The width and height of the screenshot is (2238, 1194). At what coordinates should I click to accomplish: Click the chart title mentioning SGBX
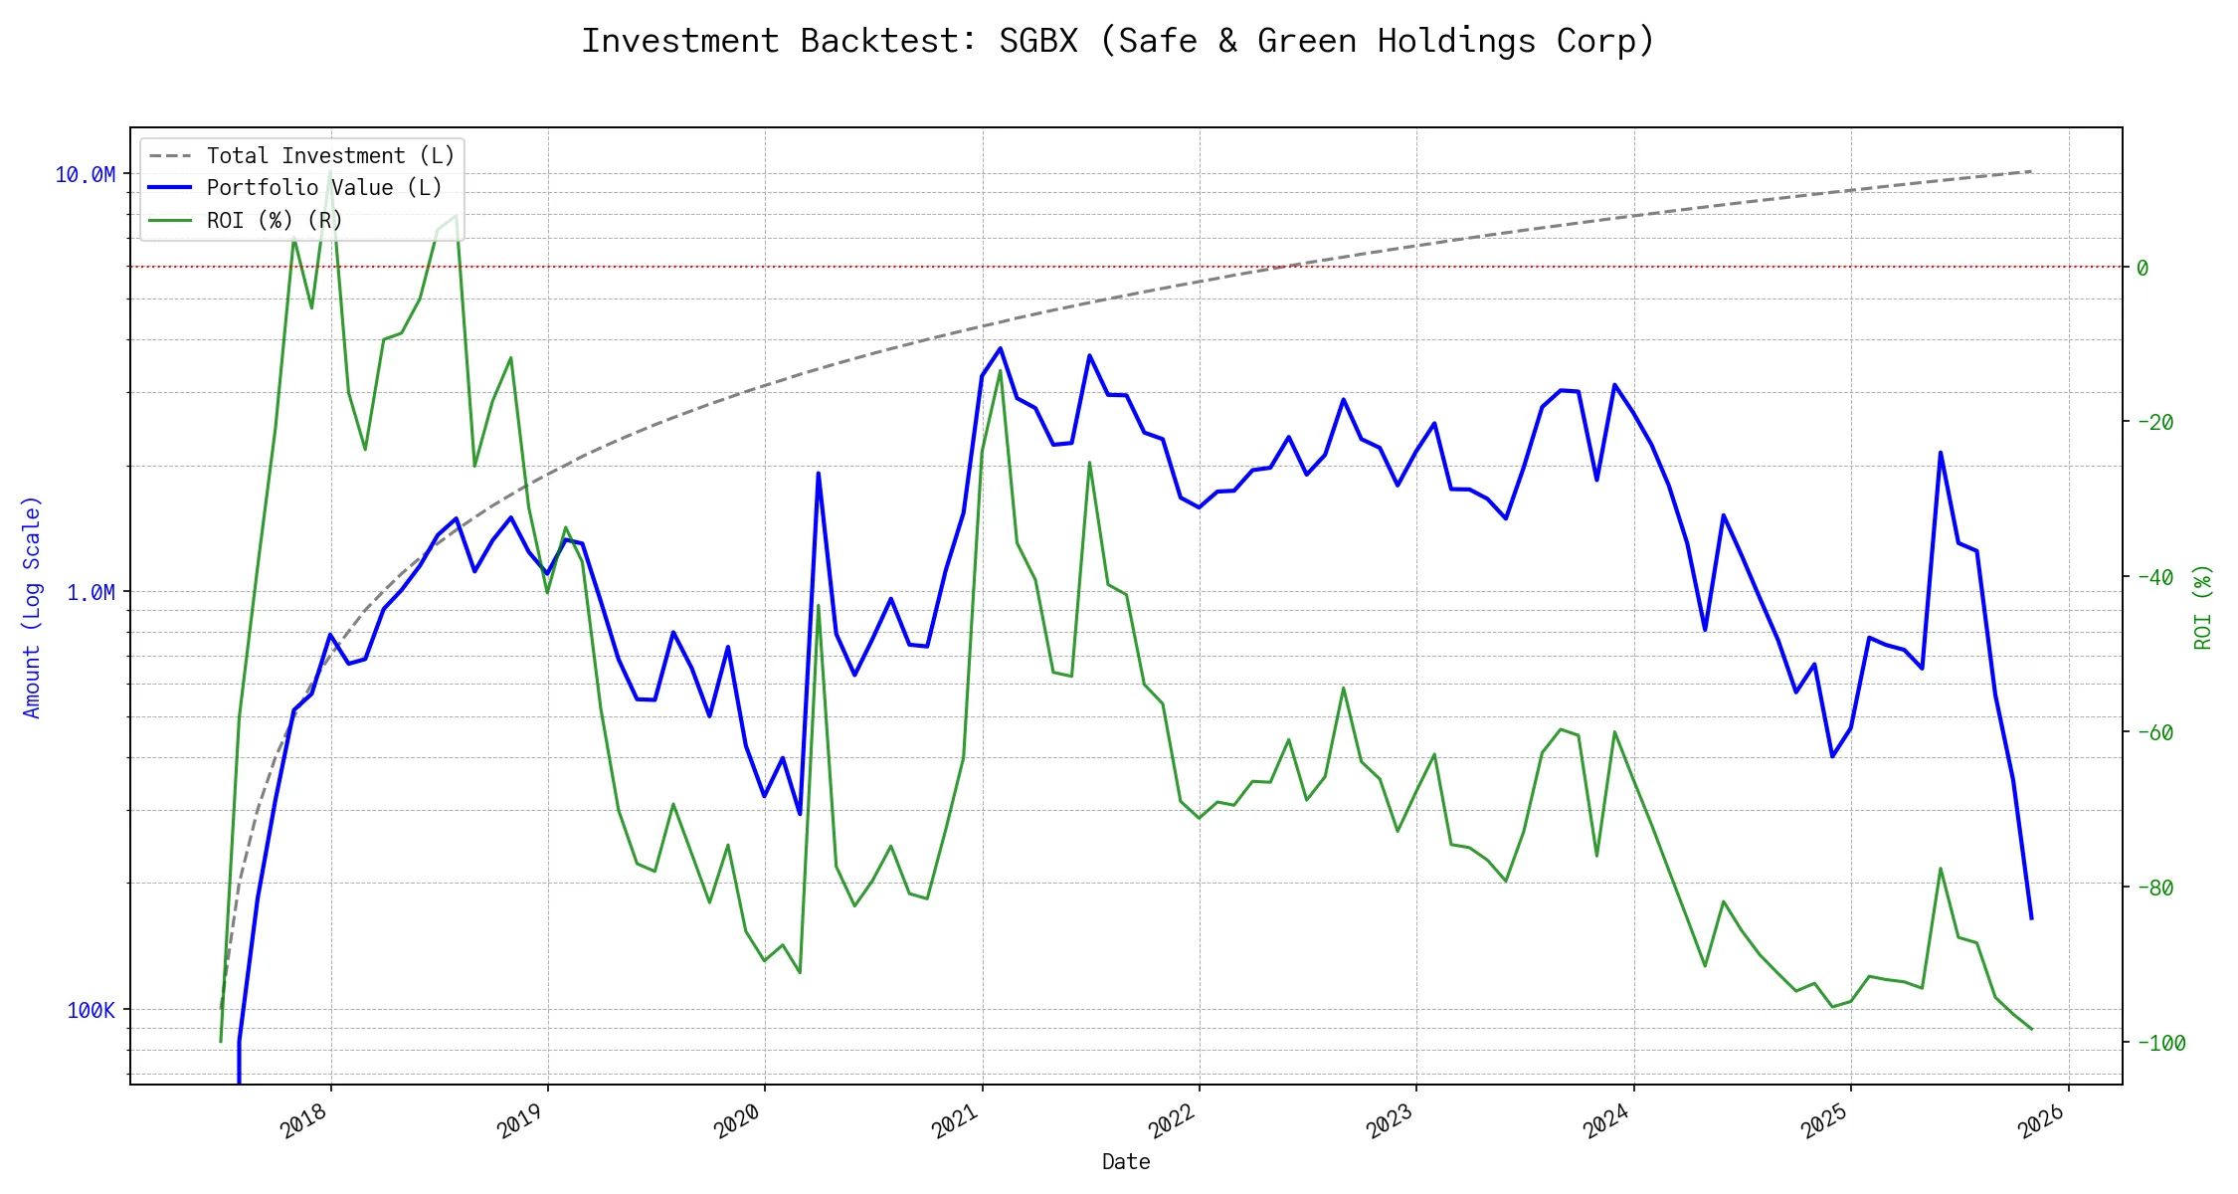tap(1118, 41)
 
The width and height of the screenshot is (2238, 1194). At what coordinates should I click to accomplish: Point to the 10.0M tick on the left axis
tap(86, 175)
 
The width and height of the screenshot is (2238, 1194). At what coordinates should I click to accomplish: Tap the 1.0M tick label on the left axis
tap(91, 593)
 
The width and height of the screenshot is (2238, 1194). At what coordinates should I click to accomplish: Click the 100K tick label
tap(91, 1011)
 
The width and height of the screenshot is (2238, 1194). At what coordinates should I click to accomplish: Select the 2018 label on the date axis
tap(304, 1121)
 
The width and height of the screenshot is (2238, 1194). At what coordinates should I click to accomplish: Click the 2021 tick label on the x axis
tap(956, 1121)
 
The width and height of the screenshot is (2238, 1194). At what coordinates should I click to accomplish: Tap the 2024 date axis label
tap(1607, 1121)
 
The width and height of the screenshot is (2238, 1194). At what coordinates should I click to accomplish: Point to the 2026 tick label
tap(2042, 1121)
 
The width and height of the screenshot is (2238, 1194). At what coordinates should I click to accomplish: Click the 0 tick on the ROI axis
tap(2143, 268)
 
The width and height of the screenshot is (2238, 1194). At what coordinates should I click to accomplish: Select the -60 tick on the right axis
tap(2154, 732)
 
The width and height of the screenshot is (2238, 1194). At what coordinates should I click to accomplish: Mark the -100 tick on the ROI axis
tap(2158, 1043)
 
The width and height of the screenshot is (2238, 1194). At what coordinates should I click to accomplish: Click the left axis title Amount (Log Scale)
tap(32, 607)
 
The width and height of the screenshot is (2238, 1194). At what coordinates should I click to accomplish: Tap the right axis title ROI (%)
tap(2203, 607)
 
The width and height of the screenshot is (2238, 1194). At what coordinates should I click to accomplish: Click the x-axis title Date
tap(1126, 1162)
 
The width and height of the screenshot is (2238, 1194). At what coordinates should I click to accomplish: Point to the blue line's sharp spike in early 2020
tap(818, 474)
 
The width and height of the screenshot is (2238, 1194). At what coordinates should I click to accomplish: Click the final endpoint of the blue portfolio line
tap(2031, 917)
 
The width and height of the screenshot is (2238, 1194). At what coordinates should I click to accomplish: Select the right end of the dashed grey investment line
tap(2031, 171)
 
